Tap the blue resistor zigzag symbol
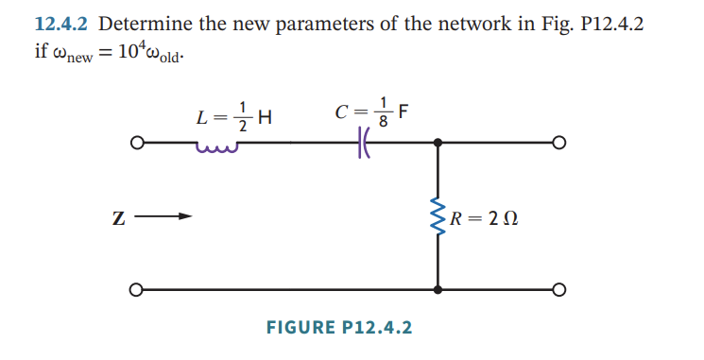438,219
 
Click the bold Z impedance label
119,220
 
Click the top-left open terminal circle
137,145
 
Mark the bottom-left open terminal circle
137,289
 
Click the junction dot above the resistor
438,145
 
